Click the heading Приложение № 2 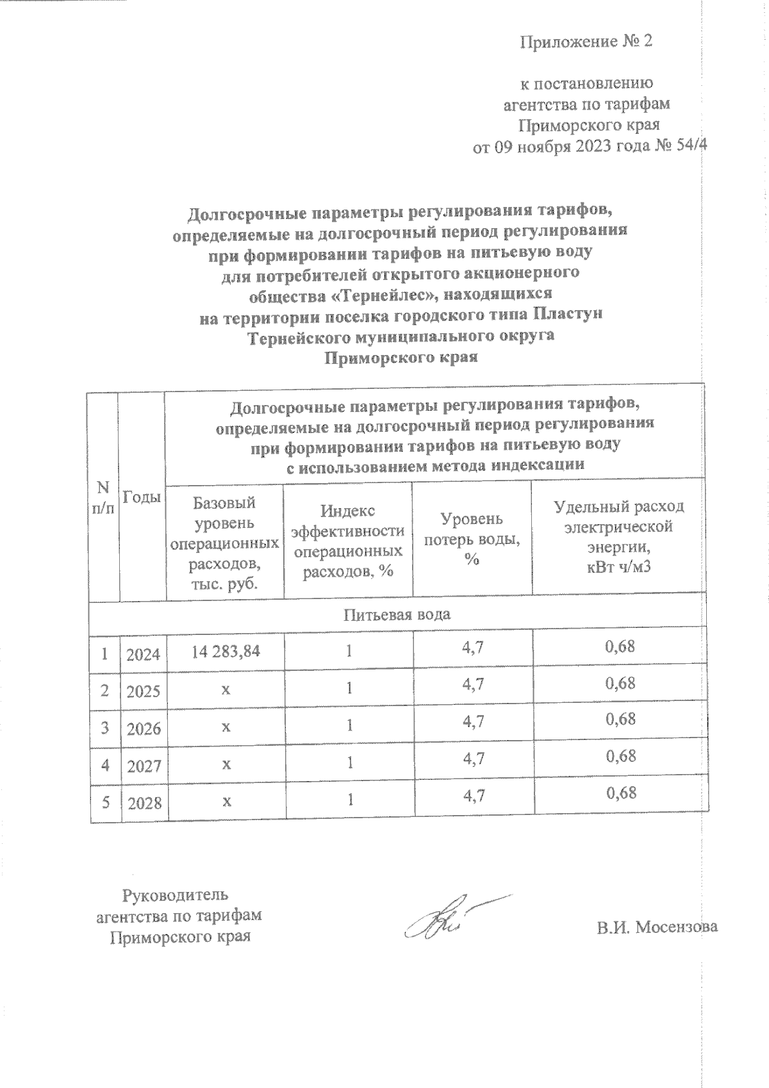[x=586, y=42]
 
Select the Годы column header [x=141, y=497]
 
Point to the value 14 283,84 [x=226, y=650]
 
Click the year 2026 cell [x=144, y=729]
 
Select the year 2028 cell [x=144, y=803]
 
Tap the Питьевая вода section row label [x=397, y=614]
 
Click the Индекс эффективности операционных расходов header [x=347, y=540]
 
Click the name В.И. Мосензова [x=656, y=927]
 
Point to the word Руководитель [x=175, y=895]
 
